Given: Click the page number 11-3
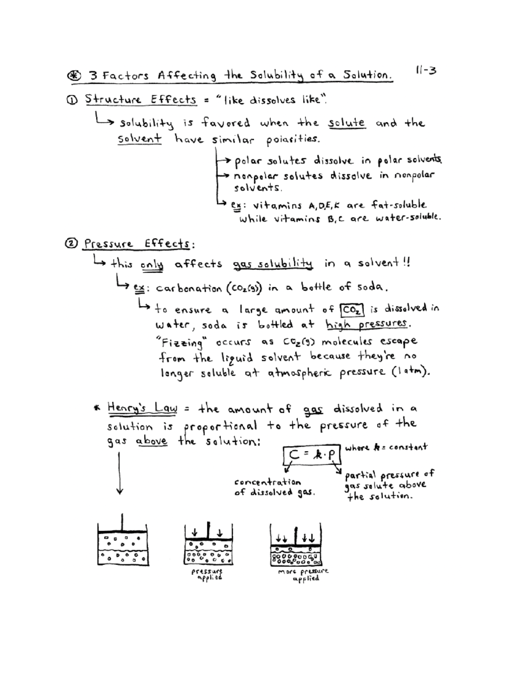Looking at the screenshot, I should [x=426, y=70].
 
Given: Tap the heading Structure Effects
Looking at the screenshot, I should [x=141, y=99].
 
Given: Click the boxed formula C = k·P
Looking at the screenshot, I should [x=311, y=455].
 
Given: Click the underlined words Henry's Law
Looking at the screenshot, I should [x=142, y=408].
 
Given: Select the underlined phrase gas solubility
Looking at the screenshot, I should [x=272, y=264].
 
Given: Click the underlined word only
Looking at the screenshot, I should [x=152, y=265].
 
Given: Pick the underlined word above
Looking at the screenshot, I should [x=152, y=441].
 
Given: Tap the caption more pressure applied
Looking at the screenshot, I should [x=304, y=575].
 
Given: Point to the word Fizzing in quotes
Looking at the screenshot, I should [x=182, y=342].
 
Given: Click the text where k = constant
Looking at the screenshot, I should [x=386, y=447].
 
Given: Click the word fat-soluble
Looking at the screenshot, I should [x=399, y=205].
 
